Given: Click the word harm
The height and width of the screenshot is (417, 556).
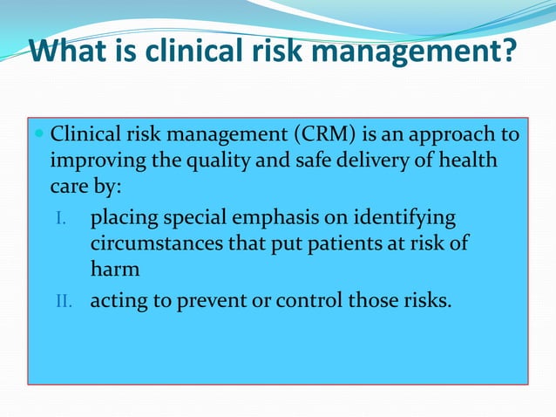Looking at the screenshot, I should pos(115,270).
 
